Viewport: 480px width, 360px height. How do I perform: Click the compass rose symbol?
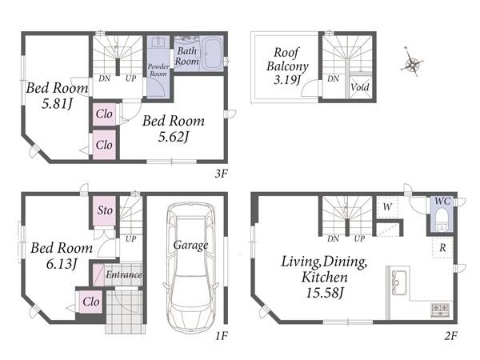pyautogui.click(x=412, y=64)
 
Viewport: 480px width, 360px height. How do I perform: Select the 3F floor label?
pyautogui.click(x=221, y=174)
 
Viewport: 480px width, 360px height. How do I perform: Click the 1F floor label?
pyautogui.click(x=221, y=336)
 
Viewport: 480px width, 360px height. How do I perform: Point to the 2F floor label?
pyautogui.click(x=450, y=336)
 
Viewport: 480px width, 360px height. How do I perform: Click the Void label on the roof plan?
pyautogui.click(x=360, y=87)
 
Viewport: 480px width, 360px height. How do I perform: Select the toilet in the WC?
pyautogui.click(x=442, y=219)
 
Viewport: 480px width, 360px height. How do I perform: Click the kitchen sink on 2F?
pyautogui.click(x=399, y=283)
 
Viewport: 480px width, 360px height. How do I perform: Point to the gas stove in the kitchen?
pyautogui.click(x=440, y=310)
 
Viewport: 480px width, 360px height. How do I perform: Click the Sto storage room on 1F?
pyautogui.click(x=104, y=210)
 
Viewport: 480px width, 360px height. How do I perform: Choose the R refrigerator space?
pyautogui.click(x=442, y=248)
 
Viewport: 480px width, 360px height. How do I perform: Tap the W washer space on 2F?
pyautogui.click(x=387, y=207)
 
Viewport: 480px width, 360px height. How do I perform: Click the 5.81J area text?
pyautogui.click(x=58, y=104)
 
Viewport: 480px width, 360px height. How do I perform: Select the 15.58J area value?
pyautogui.click(x=325, y=293)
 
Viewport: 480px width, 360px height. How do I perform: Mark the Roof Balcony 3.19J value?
pyautogui.click(x=287, y=80)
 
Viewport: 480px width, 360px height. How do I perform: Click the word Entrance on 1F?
pyautogui.click(x=124, y=274)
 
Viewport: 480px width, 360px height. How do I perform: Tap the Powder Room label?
pyautogui.click(x=158, y=70)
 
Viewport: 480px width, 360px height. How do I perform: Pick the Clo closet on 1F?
pyautogui.click(x=91, y=302)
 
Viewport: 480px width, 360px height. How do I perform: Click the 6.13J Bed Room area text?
pyautogui.click(x=62, y=264)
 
